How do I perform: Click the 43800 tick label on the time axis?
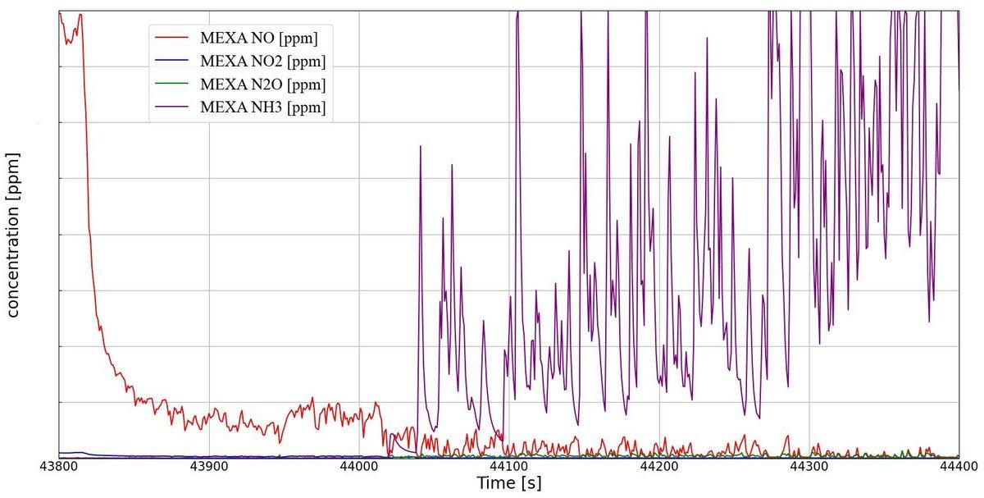pyautogui.click(x=58, y=466)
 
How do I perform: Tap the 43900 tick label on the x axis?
pyautogui.click(x=208, y=466)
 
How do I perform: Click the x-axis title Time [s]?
pyautogui.click(x=508, y=483)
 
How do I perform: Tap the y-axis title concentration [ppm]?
pyautogui.click(x=14, y=235)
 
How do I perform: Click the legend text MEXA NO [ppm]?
pyautogui.click(x=259, y=38)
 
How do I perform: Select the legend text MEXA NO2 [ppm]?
pyautogui.click(x=262, y=62)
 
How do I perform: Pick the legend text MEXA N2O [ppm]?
pyautogui.click(x=262, y=85)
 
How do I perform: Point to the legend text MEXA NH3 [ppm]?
pyautogui.click(x=262, y=107)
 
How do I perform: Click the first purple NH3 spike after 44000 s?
pyautogui.click(x=420, y=148)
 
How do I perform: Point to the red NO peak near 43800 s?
pyautogui.click(x=80, y=15)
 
